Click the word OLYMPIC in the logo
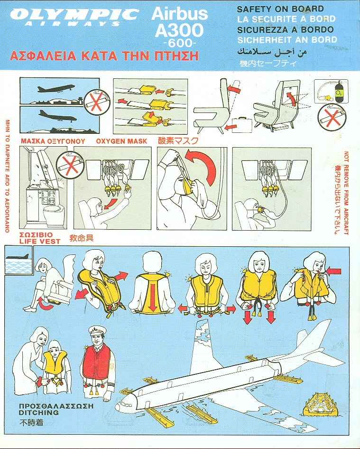(x=74, y=14)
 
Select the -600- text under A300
(x=180, y=43)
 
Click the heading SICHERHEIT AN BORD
(x=287, y=39)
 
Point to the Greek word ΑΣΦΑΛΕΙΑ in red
(x=43, y=56)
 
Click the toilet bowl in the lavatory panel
(x=53, y=215)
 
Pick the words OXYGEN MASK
(x=121, y=141)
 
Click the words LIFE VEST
(x=40, y=241)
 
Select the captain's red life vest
(x=96, y=361)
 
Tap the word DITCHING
(x=38, y=412)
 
